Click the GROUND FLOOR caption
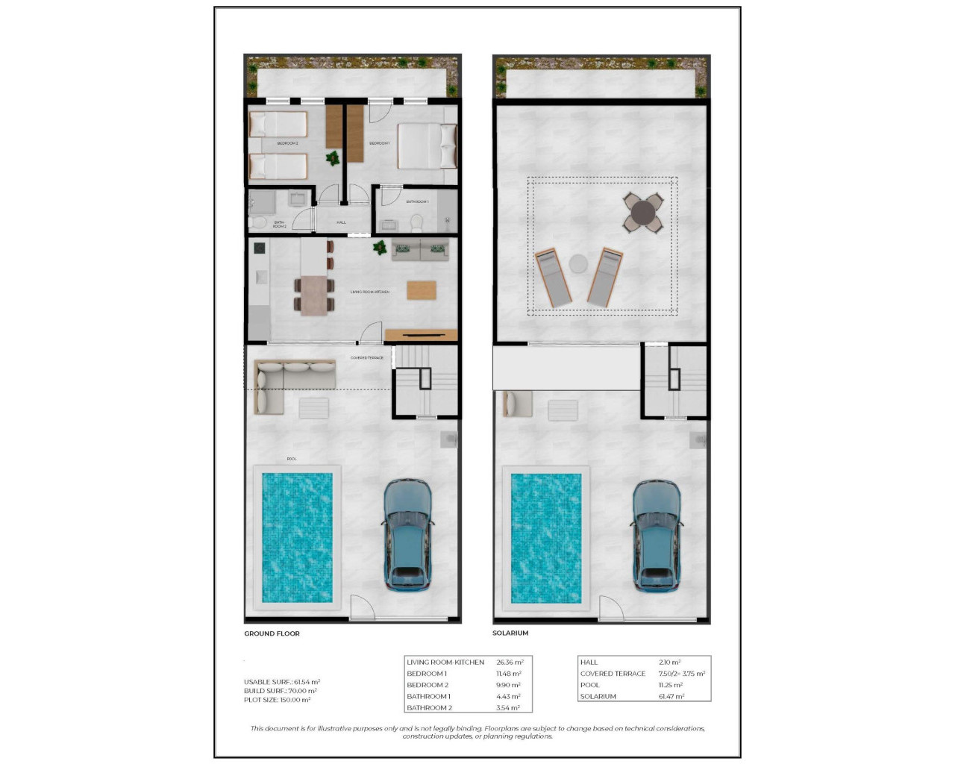tap(272, 633)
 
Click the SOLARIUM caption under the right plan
tap(510, 633)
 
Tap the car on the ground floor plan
tap(407, 536)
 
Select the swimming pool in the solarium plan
tap(546, 537)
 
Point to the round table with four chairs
tap(643, 214)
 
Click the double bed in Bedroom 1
tap(425, 145)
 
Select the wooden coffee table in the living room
tap(422, 289)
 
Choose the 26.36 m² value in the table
tap(510, 662)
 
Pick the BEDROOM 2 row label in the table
tap(428, 685)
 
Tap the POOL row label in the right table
tap(590, 685)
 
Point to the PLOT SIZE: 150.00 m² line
tap(277, 700)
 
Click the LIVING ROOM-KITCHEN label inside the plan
tap(370, 292)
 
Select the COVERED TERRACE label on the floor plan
tap(367, 358)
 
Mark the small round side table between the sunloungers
tap(579, 263)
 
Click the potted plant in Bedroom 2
tap(333, 158)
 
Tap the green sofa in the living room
tap(420, 250)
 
